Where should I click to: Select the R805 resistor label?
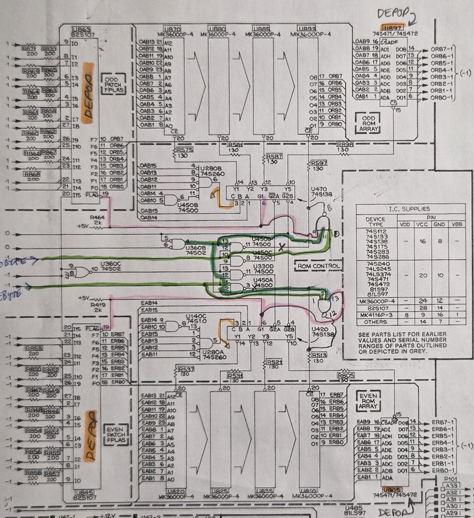[x=345, y=376]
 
